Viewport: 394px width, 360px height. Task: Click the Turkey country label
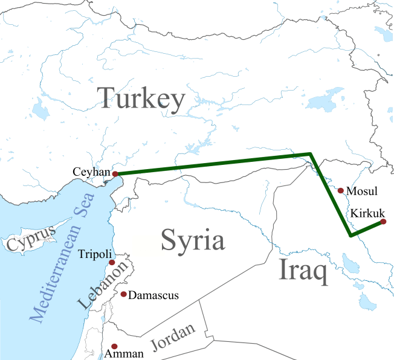pos(141,98)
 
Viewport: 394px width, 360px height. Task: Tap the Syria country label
pos(192,240)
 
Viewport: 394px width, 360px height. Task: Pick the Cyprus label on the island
pos(30,237)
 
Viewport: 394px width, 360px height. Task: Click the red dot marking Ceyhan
pos(115,174)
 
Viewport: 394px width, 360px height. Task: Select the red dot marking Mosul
pos(341,191)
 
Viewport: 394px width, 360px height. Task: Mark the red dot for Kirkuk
pos(383,222)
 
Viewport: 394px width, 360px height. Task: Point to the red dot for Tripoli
pos(112,263)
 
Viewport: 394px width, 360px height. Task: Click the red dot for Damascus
pos(123,294)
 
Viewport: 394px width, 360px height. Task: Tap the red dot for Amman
pos(114,346)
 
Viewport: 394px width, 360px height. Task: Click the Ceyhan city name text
pos(91,172)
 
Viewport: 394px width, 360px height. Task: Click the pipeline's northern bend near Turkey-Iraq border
pos(311,155)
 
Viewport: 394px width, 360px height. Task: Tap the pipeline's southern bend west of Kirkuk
pos(350,235)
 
